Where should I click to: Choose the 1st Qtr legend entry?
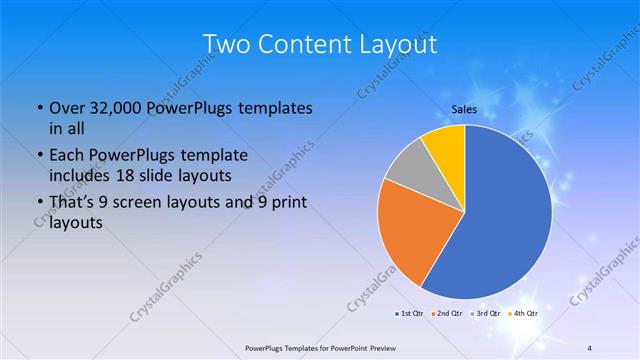coord(410,314)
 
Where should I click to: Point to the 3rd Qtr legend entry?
coord(486,314)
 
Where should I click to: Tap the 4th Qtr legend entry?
coord(524,314)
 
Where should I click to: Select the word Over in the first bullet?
coord(67,108)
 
